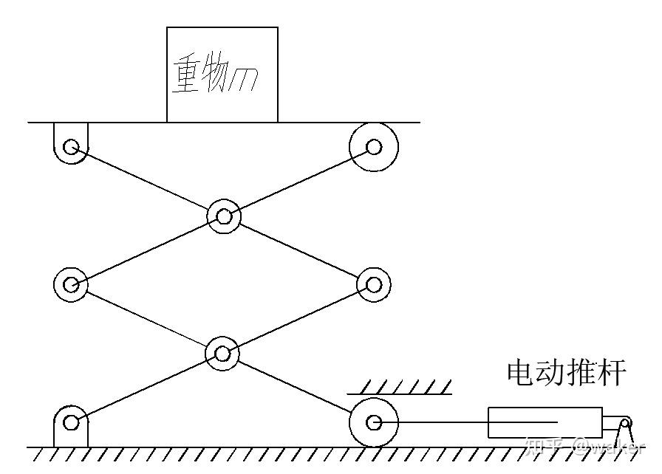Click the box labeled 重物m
point(222,74)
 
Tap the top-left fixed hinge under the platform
point(71,146)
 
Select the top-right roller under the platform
point(374,146)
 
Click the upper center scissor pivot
point(223,216)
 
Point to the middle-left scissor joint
point(71,284)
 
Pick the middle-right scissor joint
point(373,284)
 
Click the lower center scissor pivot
point(222,353)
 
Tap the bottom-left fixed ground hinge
point(71,423)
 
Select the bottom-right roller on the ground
point(374,423)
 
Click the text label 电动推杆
point(567,373)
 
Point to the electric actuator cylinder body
point(544,423)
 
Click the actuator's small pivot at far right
point(625,424)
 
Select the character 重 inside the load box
point(186,75)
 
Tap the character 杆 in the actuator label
point(612,373)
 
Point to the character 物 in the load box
point(215,75)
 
